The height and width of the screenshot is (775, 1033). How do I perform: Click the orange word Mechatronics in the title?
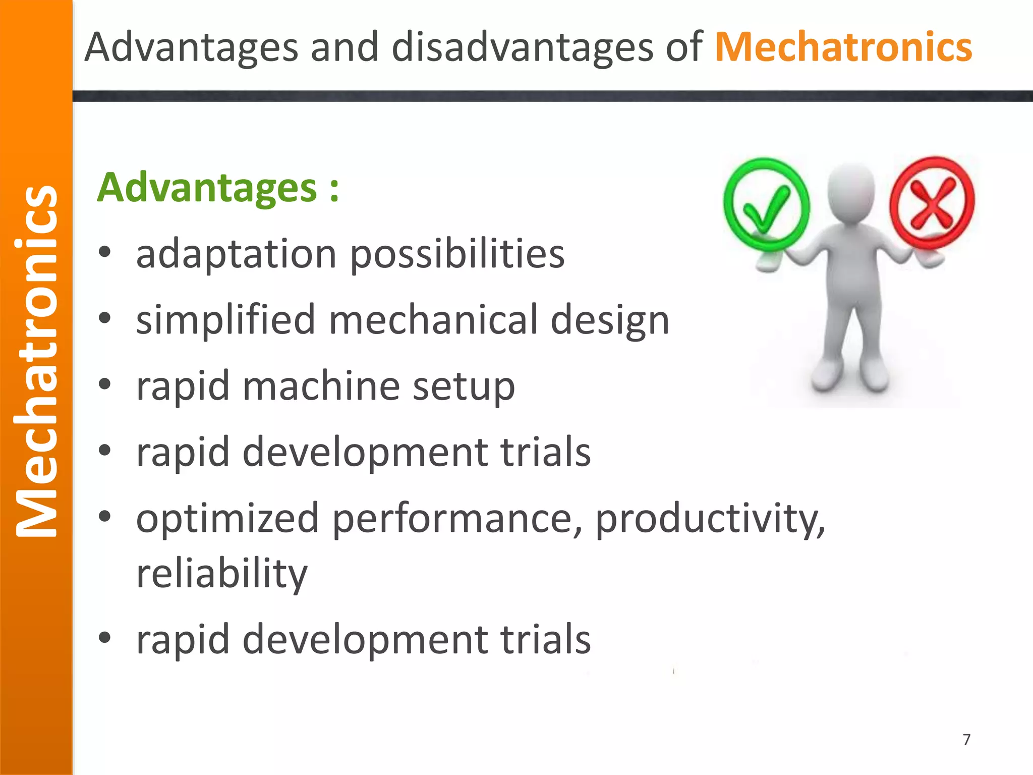(843, 47)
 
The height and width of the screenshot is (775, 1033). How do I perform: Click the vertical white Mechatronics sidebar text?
(36, 361)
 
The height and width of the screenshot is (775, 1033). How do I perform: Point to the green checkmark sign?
(766, 204)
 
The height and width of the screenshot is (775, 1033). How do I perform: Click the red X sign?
(932, 203)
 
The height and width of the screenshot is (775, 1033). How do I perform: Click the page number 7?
(966, 740)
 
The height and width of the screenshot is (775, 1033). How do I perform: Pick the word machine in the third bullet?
(321, 386)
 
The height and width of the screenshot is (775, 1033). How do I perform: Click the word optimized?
(227, 519)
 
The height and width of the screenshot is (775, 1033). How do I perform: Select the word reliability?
(221, 574)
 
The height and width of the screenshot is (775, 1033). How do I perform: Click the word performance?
(457, 519)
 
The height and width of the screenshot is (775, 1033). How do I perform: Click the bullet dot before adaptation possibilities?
(104, 252)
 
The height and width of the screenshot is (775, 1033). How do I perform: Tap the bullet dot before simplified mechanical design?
(104, 318)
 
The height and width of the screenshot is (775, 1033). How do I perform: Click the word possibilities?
(457, 255)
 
